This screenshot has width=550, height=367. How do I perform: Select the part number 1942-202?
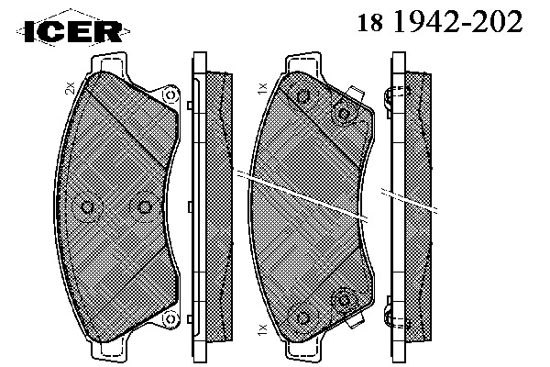457,21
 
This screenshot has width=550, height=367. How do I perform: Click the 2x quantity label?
71,88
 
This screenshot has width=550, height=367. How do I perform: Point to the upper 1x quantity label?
262,88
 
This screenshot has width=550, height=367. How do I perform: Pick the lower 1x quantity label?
262,329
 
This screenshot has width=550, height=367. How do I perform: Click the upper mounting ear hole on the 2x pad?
170,95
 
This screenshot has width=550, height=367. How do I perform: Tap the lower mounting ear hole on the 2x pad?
170,318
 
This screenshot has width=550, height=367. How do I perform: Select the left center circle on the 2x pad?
87,207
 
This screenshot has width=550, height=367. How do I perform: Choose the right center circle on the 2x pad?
144,207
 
